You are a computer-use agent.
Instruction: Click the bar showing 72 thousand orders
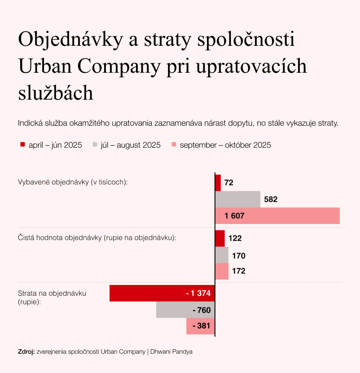click(x=218, y=183)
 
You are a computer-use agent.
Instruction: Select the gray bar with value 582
click(x=238, y=199)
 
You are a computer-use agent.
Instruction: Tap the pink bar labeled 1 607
click(x=277, y=216)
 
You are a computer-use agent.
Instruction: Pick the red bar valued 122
click(x=220, y=238)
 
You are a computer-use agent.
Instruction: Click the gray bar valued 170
click(x=222, y=255)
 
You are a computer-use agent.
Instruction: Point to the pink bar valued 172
click(x=222, y=271)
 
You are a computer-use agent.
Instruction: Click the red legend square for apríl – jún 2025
click(x=22, y=145)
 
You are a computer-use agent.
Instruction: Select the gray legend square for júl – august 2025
click(x=95, y=145)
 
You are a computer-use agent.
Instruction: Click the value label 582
click(x=271, y=199)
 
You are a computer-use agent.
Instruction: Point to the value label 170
click(x=239, y=256)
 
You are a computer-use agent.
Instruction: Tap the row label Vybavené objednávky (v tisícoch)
click(x=73, y=183)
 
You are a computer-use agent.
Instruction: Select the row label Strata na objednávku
click(x=52, y=293)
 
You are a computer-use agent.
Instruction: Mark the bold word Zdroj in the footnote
click(x=26, y=351)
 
